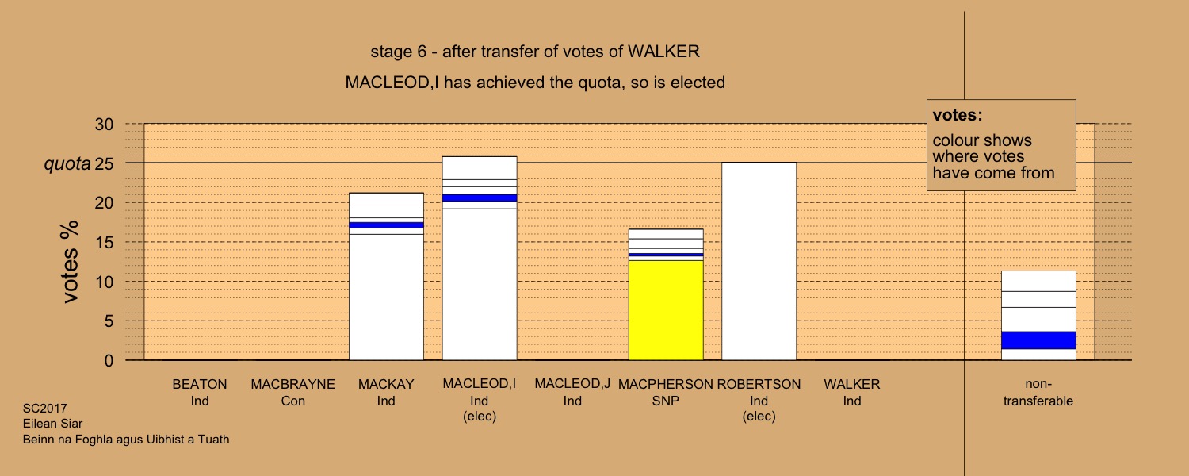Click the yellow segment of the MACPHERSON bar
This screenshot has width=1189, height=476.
[666, 310]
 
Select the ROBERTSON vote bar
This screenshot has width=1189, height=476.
[759, 261]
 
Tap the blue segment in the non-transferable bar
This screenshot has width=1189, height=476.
[1038, 340]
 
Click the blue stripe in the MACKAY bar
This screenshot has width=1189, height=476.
[387, 225]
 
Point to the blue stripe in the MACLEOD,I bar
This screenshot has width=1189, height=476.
[480, 198]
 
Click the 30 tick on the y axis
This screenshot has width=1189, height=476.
[104, 125]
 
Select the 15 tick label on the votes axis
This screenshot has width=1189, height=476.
[104, 242]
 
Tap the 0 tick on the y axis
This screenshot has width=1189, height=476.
[109, 361]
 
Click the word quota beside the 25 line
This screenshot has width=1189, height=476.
[67, 164]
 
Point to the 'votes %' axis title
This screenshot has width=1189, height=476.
[70, 262]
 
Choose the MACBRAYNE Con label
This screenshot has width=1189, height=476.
[293, 392]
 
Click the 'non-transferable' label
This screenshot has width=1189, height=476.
[1038, 392]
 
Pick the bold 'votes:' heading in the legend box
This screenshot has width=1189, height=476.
[958, 115]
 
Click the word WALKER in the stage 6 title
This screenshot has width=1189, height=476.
[663, 52]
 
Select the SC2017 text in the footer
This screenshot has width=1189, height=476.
[45, 409]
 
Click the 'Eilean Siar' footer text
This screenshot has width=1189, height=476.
[52, 424]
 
